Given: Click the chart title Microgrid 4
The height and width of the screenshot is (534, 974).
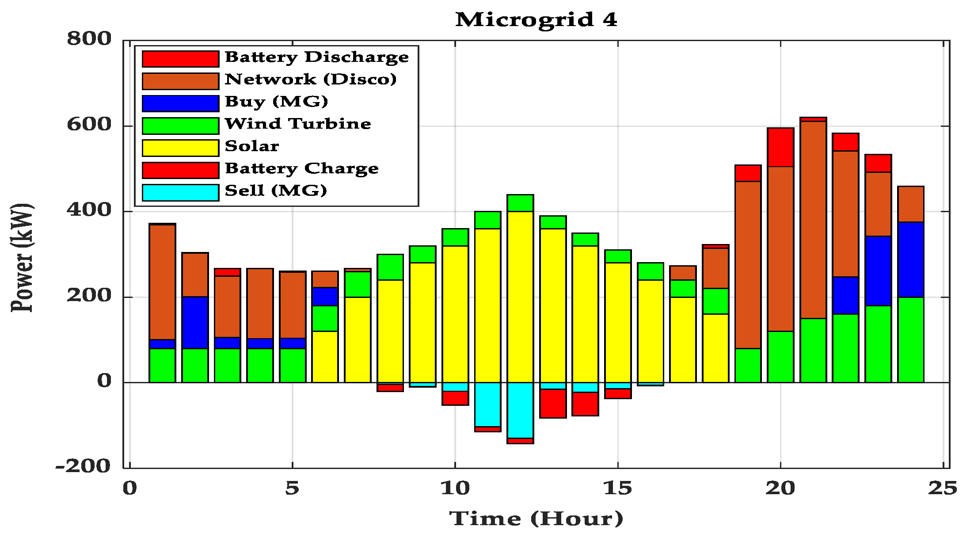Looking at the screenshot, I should (x=536, y=20).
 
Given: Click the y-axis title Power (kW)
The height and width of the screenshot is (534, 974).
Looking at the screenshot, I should (x=22, y=258).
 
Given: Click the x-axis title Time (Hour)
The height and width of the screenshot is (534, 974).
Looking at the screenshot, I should (x=536, y=518).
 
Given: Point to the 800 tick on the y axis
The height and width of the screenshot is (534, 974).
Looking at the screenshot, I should (x=89, y=39).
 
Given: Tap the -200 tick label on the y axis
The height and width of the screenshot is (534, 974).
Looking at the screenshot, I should (x=83, y=466).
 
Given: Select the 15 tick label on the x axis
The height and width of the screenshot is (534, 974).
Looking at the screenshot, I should (x=617, y=488).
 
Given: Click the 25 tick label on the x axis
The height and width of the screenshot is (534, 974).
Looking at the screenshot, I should (x=943, y=488).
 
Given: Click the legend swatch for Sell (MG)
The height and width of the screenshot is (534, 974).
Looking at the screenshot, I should (x=180, y=193).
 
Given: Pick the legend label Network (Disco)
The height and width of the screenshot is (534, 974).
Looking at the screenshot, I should (x=311, y=80).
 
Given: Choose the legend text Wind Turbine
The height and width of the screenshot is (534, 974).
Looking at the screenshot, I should (x=298, y=124).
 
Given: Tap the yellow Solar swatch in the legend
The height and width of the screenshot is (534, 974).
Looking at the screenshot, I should (x=180, y=148).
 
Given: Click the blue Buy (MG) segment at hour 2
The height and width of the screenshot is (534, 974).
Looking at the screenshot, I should (x=195, y=323).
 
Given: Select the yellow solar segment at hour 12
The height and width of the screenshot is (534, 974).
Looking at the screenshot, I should (x=520, y=296).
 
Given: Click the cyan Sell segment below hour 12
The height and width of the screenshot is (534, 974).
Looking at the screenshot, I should (x=520, y=410).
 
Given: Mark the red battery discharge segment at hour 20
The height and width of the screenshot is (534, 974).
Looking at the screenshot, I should (x=780, y=147).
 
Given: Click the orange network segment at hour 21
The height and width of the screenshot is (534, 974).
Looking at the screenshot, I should (x=813, y=220).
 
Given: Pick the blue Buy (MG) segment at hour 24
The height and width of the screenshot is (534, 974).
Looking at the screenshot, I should (x=911, y=259).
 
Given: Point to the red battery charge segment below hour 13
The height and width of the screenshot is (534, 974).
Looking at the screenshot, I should (x=553, y=403).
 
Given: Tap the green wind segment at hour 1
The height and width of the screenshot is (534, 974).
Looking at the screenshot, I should (x=162, y=366).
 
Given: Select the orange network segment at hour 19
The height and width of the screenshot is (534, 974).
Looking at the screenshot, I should (x=748, y=265).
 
